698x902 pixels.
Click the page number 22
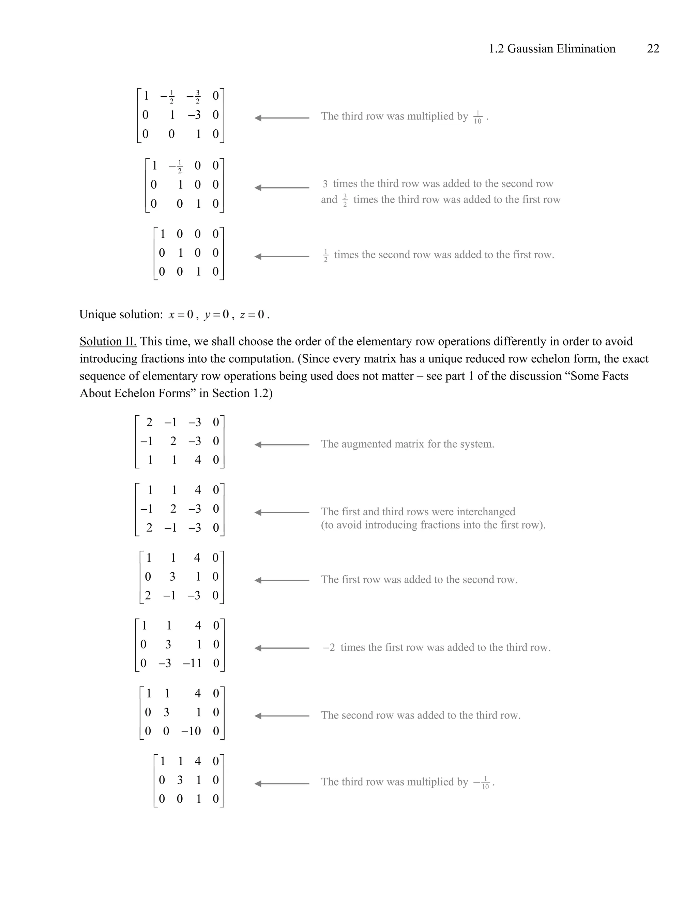pyautogui.click(x=653, y=49)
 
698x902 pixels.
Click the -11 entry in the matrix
pyautogui.click(x=192, y=663)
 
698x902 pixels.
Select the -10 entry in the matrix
pyautogui.click(x=191, y=731)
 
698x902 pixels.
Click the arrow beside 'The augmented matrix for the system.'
pyautogui.click(x=282, y=445)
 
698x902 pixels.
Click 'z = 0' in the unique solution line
pyautogui.click(x=252, y=315)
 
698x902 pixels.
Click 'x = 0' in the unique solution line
pyautogui.click(x=181, y=315)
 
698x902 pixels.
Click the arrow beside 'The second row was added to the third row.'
pyautogui.click(x=282, y=716)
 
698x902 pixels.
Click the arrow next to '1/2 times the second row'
pyautogui.click(x=282, y=257)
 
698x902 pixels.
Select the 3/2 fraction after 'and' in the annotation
pyautogui.click(x=345, y=200)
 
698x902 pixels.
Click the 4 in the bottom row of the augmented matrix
pyautogui.click(x=198, y=460)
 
